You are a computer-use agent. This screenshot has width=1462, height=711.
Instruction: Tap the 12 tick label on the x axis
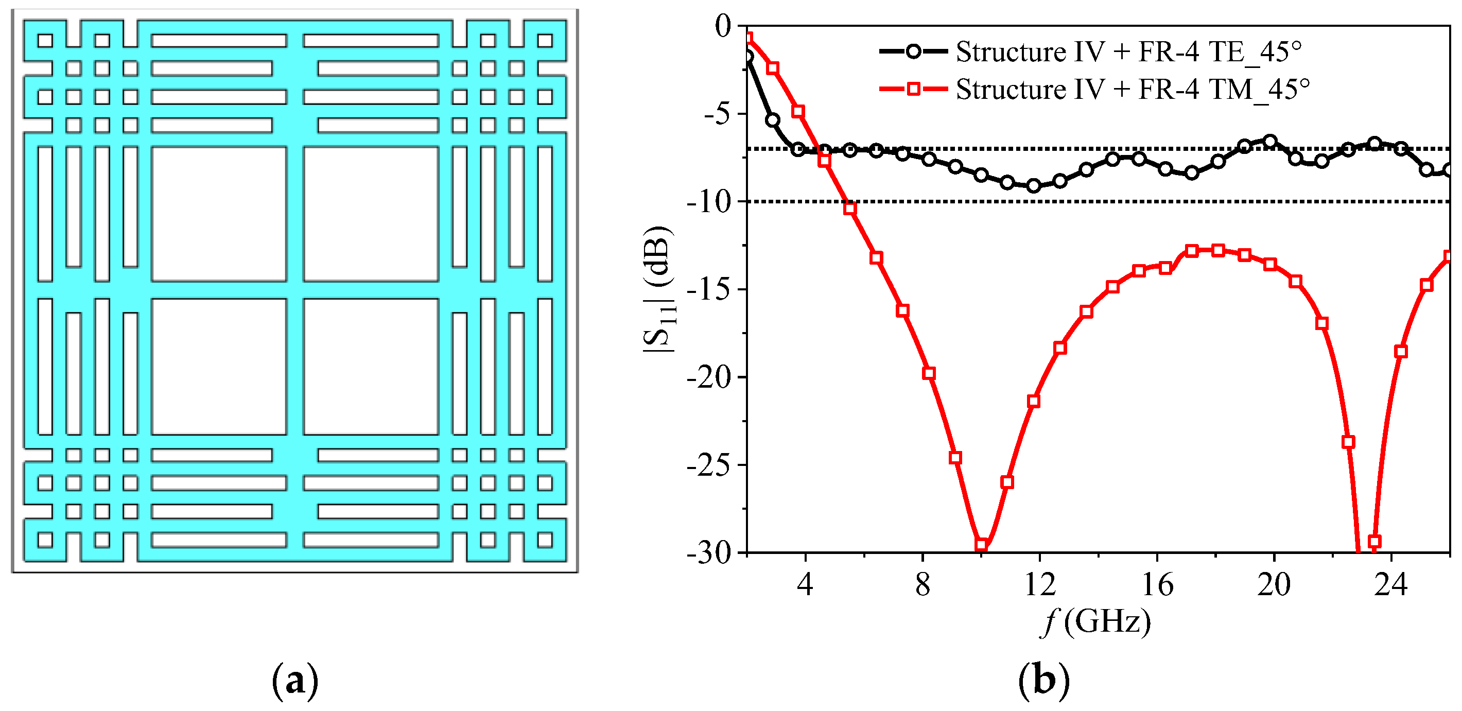click(1039, 584)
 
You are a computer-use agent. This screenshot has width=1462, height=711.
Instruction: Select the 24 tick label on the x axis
click(1391, 584)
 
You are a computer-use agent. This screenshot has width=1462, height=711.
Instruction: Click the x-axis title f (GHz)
click(1096, 621)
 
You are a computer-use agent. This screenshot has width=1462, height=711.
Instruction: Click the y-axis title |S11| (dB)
click(658, 289)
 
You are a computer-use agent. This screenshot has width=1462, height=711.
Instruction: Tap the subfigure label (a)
click(295, 679)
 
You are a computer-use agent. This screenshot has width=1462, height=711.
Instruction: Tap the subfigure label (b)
click(1043, 679)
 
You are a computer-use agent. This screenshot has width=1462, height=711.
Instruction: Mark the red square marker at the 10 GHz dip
click(981, 545)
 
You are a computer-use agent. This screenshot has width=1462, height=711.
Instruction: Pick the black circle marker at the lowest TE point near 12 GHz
click(1034, 185)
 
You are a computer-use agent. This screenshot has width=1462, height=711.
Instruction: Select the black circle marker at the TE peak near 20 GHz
click(1270, 141)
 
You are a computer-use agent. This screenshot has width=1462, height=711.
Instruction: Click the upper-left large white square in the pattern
click(219, 214)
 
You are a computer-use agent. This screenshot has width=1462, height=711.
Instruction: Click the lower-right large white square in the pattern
click(371, 367)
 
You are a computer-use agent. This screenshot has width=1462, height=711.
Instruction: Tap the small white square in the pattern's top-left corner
click(45, 40)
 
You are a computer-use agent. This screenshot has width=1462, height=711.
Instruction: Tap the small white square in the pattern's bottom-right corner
click(545, 539)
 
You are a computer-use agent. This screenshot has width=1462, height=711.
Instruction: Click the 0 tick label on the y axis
click(724, 26)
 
